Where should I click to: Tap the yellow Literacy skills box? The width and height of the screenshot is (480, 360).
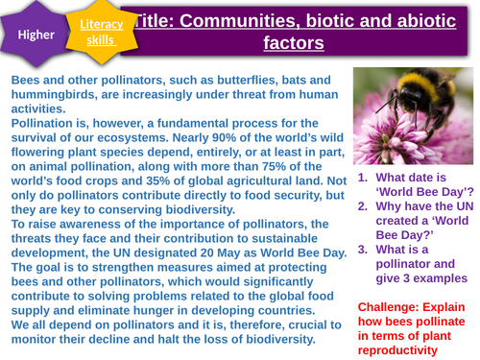point(101,31)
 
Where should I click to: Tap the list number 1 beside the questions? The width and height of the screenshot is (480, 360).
point(363,178)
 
